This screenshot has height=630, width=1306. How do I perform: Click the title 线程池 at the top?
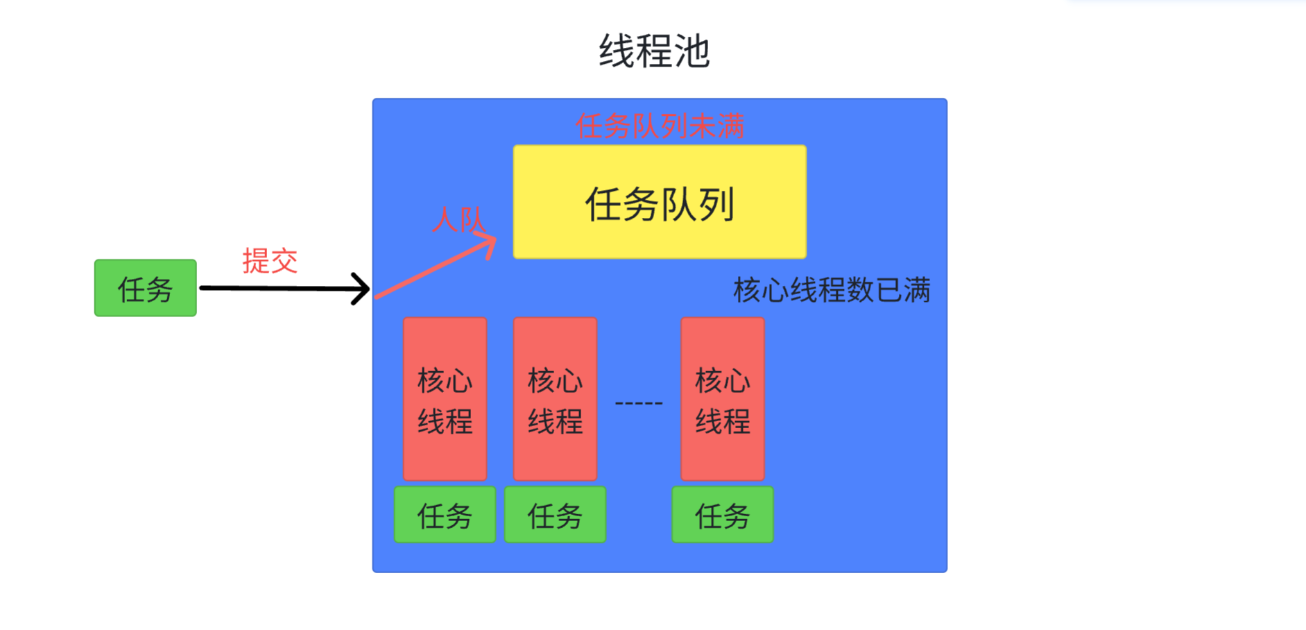coord(654,51)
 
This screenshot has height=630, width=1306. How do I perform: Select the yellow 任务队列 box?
coord(659,202)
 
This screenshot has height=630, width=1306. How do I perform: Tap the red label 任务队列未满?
coord(660,126)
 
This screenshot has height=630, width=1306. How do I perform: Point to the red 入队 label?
coord(458,220)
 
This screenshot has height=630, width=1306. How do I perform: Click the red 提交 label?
coord(270,262)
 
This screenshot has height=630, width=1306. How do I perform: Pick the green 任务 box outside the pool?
coord(146,288)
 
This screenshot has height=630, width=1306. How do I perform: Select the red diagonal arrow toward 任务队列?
coord(433,269)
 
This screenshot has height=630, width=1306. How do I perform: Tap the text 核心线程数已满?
coord(832,290)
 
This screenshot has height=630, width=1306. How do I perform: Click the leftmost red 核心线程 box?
coord(445,399)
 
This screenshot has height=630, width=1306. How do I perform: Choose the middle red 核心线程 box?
coord(555,399)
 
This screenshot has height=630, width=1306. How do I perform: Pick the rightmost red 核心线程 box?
coord(722,399)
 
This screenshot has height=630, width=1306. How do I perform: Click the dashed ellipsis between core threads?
coord(639,402)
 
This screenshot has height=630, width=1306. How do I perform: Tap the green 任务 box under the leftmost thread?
coord(445,515)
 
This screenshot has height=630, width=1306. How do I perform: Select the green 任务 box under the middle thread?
coord(555,515)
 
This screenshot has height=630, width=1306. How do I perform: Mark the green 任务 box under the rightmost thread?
coord(722,515)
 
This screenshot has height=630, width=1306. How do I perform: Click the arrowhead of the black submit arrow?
coord(362,289)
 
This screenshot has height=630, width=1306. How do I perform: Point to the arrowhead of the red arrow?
coord(488,243)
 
